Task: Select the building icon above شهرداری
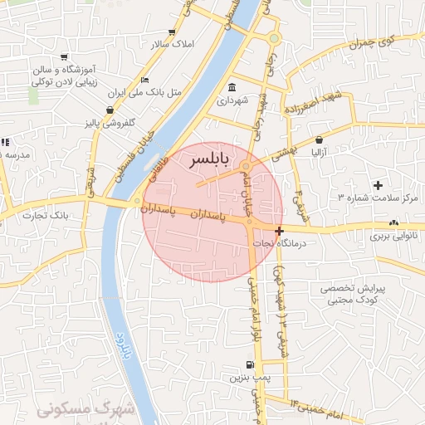[x=231, y=88]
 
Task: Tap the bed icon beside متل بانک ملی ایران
[x=144, y=81]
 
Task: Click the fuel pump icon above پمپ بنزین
[x=248, y=364]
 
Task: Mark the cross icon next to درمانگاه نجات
[x=279, y=232]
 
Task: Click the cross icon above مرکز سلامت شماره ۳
[x=379, y=184]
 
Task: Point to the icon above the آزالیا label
[x=320, y=140]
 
